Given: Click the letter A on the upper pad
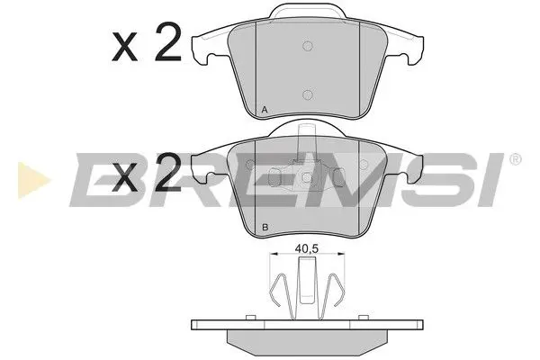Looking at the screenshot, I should tap(264, 111).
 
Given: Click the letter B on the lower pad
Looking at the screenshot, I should tap(264, 228).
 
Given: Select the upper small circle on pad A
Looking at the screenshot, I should tap(307, 46).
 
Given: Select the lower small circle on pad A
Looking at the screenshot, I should tap(307, 94).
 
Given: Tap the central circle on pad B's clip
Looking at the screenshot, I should tap(307, 176).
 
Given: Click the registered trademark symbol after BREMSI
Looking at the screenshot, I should tap(515, 160).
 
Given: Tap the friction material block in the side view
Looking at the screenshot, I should tap(307, 340).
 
